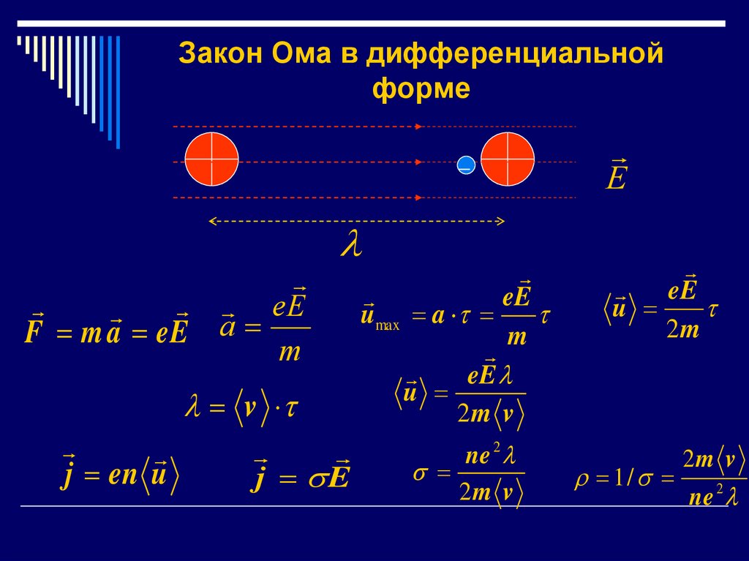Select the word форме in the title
point(421,89)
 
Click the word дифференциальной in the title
point(515,56)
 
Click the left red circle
point(211,159)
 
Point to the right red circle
point(508,159)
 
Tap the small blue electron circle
point(465,166)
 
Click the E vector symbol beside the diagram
point(616,176)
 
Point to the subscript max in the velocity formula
point(387,326)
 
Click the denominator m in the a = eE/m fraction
point(290,353)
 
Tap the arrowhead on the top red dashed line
point(418,127)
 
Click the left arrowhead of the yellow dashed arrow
point(212,220)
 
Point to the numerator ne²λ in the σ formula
point(491,457)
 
